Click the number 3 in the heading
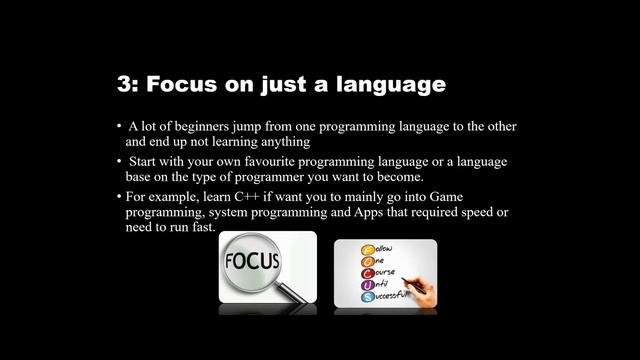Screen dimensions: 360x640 point(124,85)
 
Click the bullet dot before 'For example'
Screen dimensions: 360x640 point(118,198)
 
